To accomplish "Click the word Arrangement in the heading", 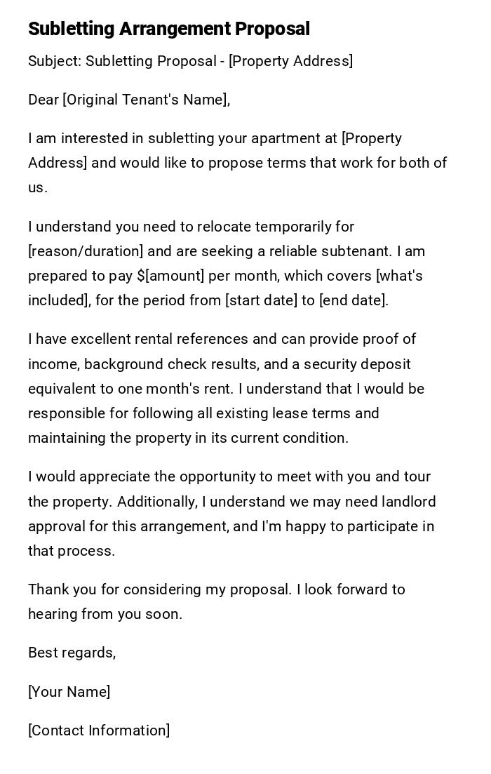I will click(x=175, y=29).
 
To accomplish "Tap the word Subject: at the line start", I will click(x=55, y=61).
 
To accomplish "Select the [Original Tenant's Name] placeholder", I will click(x=146, y=100).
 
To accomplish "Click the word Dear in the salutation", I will click(x=43, y=100).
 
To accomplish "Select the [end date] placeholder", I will click(x=353, y=300).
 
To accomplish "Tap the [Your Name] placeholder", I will click(x=69, y=692).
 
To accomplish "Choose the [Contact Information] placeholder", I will click(x=99, y=730).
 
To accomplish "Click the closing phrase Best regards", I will click(x=71, y=653).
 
